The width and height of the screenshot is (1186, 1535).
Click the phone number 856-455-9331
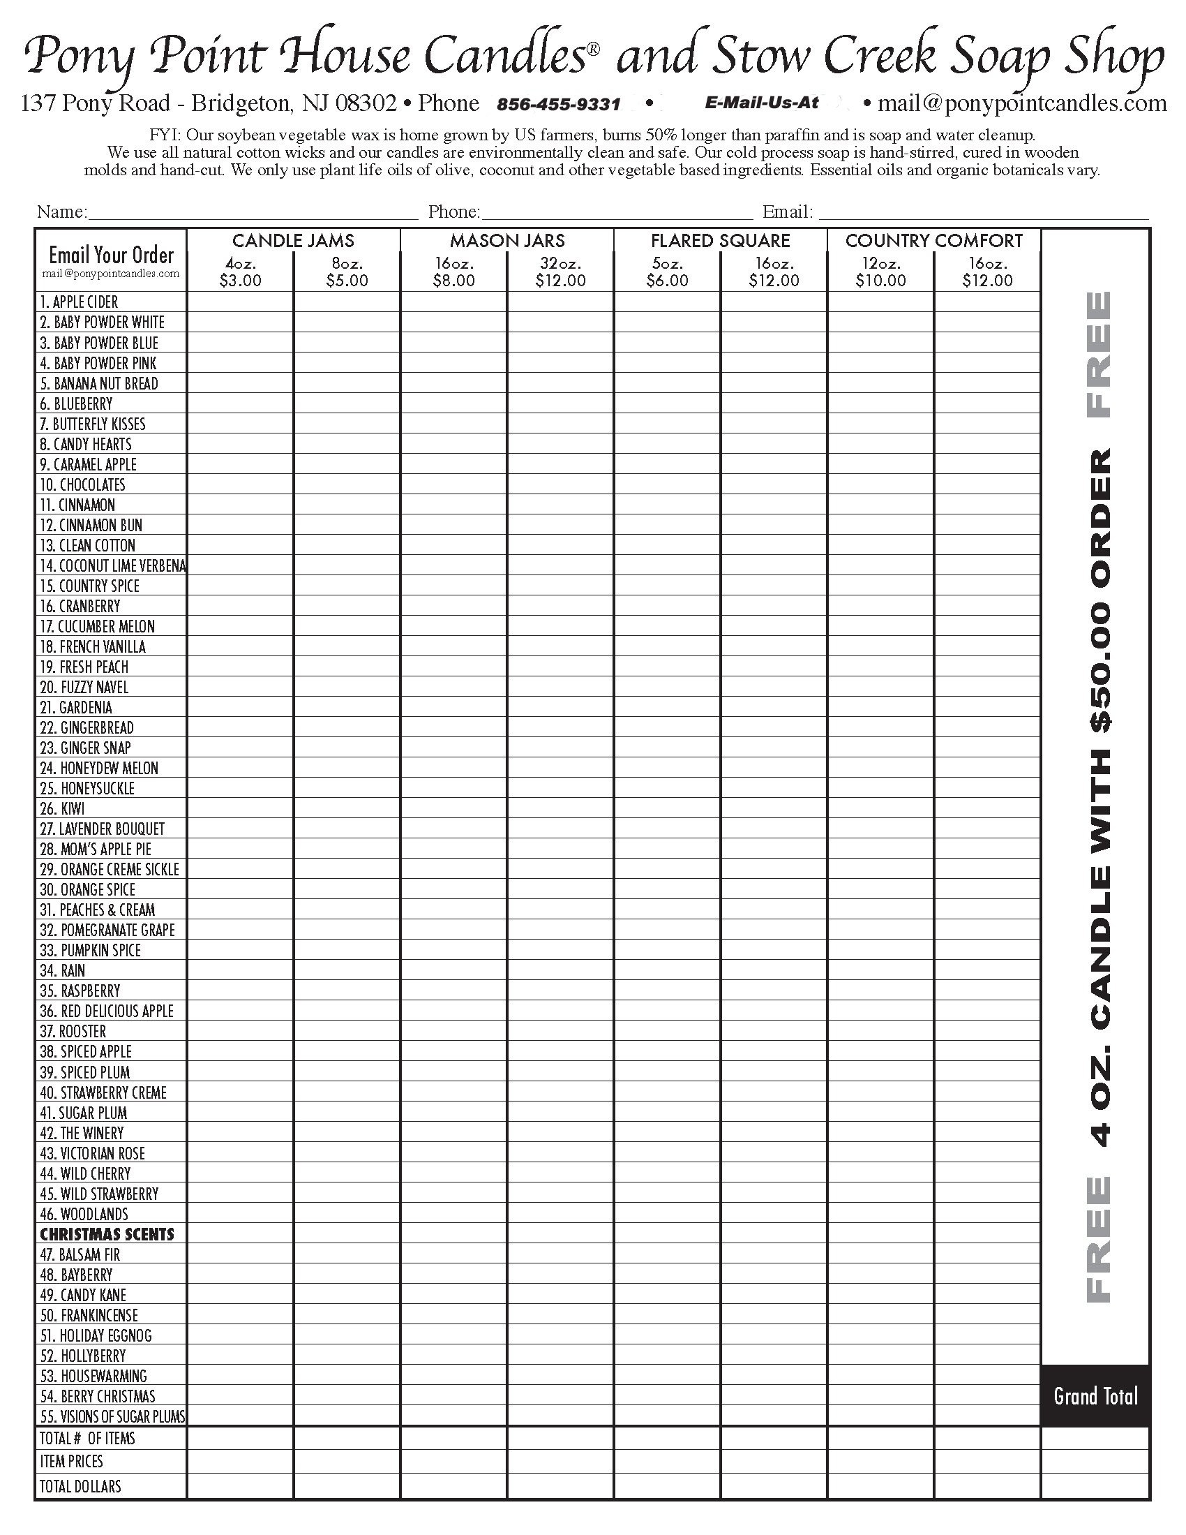pyautogui.click(x=559, y=105)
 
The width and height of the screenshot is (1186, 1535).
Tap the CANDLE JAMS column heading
pyautogui.click(x=293, y=241)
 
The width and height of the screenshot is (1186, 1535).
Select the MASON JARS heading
pyautogui.click(x=507, y=241)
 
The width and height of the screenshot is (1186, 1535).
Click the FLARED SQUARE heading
pyautogui.click(x=720, y=241)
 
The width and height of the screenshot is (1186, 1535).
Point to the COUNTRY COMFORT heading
pyautogui.click(x=933, y=241)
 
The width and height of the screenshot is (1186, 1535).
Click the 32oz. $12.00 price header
pyautogui.click(x=560, y=273)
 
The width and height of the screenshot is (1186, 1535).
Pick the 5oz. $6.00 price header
pyautogui.click(x=667, y=273)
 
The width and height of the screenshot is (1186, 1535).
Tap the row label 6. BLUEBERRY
pyautogui.click(x=76, y=404)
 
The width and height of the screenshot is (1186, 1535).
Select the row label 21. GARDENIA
pyautogui.click(x=76, y=708)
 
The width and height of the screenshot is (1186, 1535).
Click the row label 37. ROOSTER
pyautogui.click(x=73, y=1032)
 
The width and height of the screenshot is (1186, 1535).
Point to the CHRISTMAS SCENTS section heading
pyautogui.click(x=107, y=1234)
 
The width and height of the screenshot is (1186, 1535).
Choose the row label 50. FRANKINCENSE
pyautogui.click(x=89, y=1316)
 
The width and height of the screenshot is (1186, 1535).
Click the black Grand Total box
pyautogui.click(x=1095, y=1396)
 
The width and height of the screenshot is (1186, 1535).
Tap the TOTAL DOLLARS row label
pyautogui.click(x=80, y=1487)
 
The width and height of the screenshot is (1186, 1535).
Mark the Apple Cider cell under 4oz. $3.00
pyautogui.click(x=240, y=302)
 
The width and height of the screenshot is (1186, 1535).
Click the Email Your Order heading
pyautogui.click(x=111, y=255)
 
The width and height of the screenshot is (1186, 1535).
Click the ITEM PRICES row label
pyautogui.click(x=71, y=1462)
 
